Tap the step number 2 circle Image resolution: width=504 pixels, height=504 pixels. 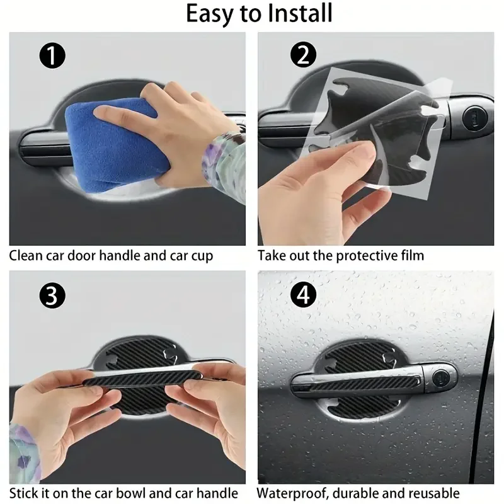pyautogui.click(x=304, y=57)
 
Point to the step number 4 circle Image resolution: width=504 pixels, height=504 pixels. pyautogui.click(x=304, y=295)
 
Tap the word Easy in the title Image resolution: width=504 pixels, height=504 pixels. pyautogui.click(x=211, y=14)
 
